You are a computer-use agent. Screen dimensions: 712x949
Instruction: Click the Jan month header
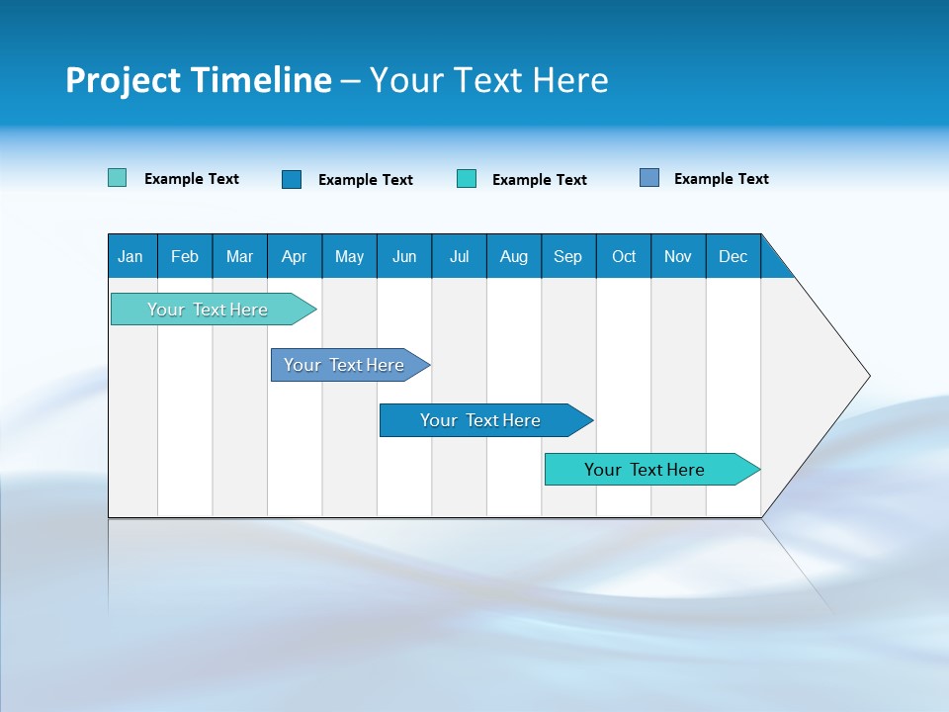pyautogui.click(x=131, y=256)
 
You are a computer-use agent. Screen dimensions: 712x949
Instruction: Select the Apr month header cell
pyautogui.click(x=295, y=256)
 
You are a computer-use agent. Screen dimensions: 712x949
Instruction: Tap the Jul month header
pyautogui.click(x=459, y=256)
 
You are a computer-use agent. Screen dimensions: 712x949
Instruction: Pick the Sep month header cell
pyautogui.click(x=568, y=256)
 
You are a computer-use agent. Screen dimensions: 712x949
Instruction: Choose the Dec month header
pyautogui.click(x=733, y=256)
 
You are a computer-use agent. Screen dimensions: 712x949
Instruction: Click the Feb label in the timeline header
pyautogui.click(x=185, y=256)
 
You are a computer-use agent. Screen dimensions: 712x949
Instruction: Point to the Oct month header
pyautogui.click(x=624, y=256)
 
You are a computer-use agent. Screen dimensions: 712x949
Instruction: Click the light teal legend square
pyautogui.click(x=117, y=178)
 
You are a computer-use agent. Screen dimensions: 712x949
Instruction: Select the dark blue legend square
pyautogui.click(x=291, y=179)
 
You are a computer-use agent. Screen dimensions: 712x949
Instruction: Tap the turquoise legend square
pyautogui.click(x=466, y=179)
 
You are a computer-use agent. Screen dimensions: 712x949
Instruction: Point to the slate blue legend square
pyautogui.click(x=649, y=178)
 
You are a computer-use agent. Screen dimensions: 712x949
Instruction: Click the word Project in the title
pyautogui.click(x=124, y=80)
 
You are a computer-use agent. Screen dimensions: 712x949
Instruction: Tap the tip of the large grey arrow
pyautogui.click(x=867, y=376)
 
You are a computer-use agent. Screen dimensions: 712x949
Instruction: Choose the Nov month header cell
pyautogui.click(x=678, y=256)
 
